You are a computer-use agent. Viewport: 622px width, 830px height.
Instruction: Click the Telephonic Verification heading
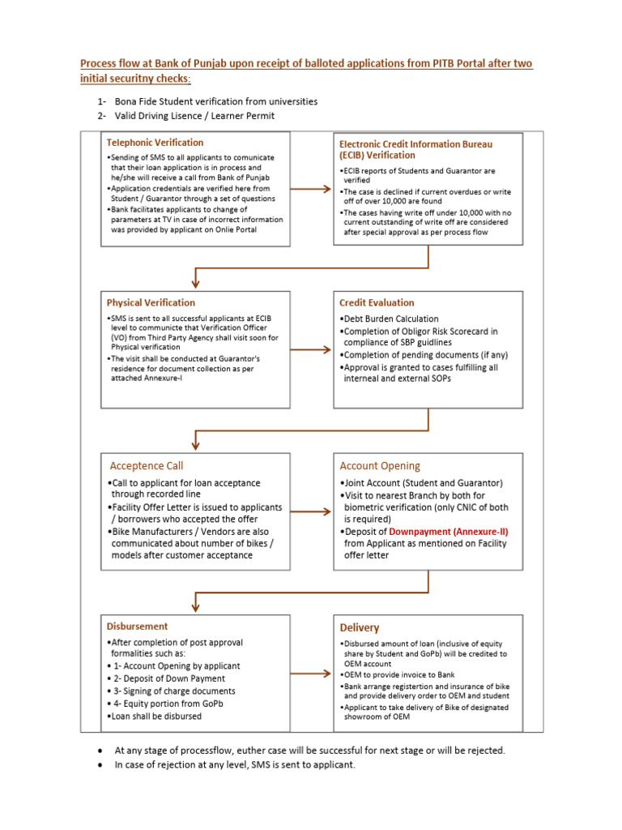click(x=155, y=143)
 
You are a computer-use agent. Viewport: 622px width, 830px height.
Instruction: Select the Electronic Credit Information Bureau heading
click(x=415, y=149)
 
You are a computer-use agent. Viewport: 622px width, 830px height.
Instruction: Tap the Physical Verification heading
click(x=151, y=303)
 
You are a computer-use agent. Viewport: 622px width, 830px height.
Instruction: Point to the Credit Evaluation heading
click(x=377, y=303)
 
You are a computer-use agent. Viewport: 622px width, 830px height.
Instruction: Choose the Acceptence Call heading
click(x=147, y=466)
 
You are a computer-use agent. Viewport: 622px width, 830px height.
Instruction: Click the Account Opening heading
click(x=380, y=466)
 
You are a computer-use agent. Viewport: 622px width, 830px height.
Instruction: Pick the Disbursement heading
click(x=138, y=627)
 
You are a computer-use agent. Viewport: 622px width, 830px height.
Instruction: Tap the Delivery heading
click(x=360, y=627)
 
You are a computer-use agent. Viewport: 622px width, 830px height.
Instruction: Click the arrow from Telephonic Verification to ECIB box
click(x=310, y=189)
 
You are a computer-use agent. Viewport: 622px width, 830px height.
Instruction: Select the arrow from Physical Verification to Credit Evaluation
click(x=310, y=350)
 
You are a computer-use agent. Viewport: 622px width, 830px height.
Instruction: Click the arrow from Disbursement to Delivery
click(x=310, y=673)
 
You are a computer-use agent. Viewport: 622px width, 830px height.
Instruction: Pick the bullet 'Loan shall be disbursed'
click(x=156, y=716)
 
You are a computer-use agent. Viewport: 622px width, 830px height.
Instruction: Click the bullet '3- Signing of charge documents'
click(x=173, y=691)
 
